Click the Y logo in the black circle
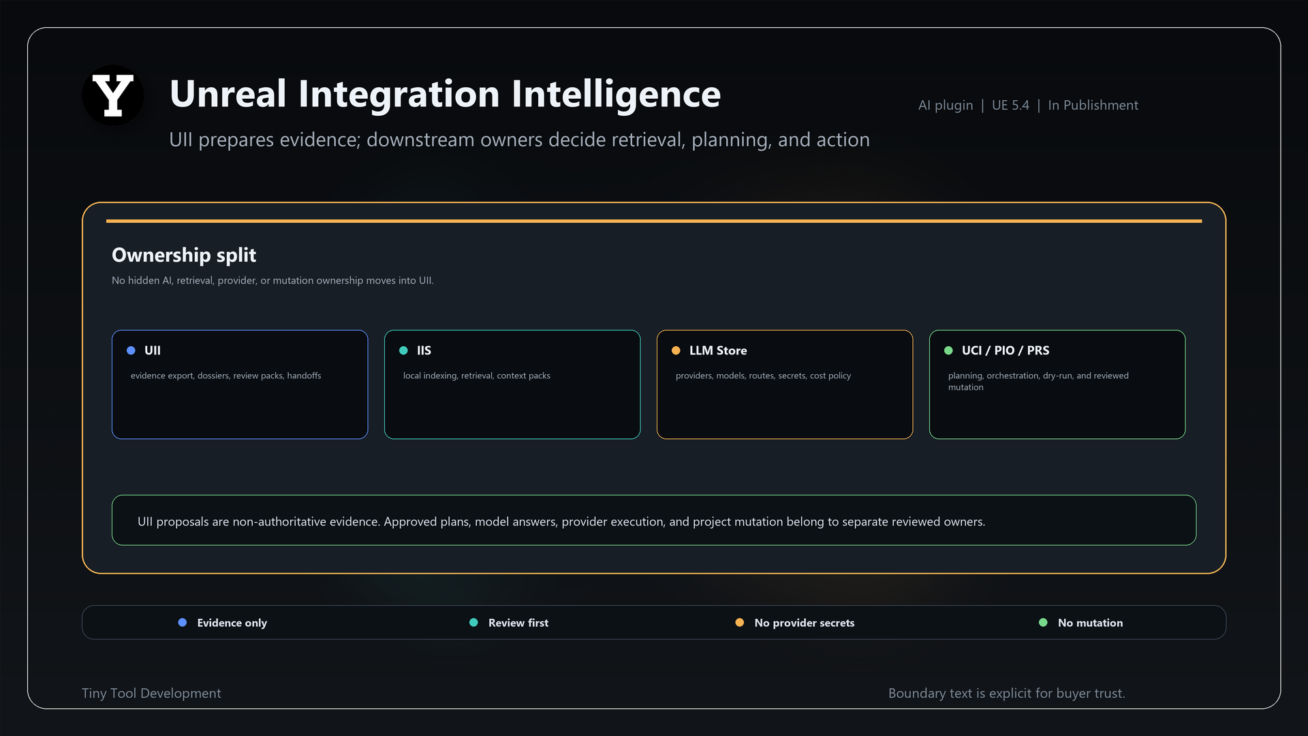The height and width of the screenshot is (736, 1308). (113, 95)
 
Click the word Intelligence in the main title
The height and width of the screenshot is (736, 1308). (616, 94)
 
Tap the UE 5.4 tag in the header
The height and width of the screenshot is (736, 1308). (1010, 105)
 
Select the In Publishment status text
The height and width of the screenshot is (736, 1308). (1093, 105)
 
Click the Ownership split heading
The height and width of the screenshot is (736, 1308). (184, 255)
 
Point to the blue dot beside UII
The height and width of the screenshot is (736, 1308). (131, 350)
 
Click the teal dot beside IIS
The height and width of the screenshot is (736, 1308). (403, 350)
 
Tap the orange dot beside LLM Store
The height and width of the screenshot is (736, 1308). (676, 350)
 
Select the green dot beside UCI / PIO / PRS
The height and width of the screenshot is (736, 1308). (948, 350)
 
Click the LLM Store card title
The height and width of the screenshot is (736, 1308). (718, 350)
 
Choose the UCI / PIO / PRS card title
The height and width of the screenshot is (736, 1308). (1006, 350)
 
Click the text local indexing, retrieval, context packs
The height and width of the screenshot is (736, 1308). (477, 375)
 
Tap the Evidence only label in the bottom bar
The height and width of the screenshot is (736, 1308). (232, 623)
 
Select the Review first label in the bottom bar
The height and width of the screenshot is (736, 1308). (518, 623)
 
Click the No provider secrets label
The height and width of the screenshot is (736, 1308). (805, 623)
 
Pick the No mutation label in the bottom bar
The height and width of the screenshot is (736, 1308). (1090, 623)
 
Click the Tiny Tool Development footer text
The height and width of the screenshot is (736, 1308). (151, 693)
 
